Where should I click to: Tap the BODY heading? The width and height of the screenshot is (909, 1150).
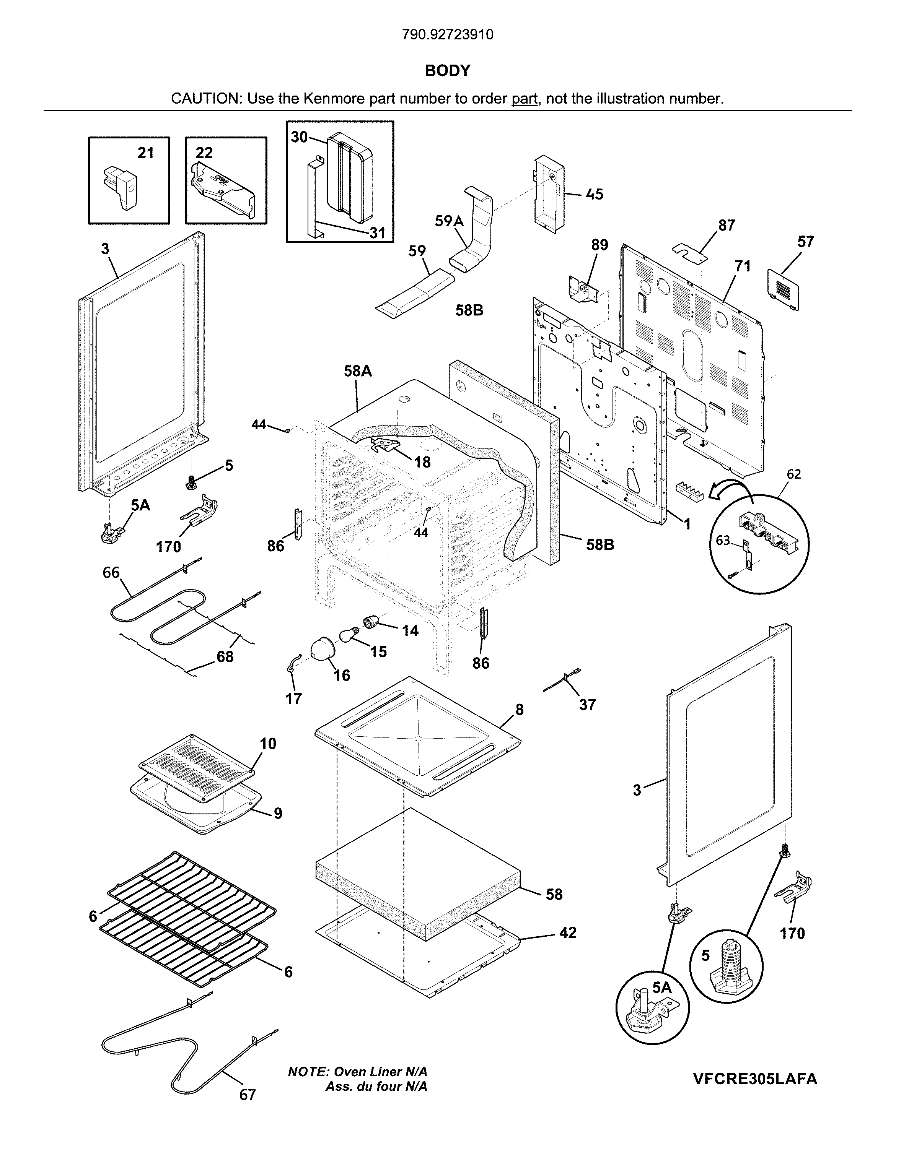tap(448, 71)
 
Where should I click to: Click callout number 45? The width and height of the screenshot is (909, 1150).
tap(595, 194)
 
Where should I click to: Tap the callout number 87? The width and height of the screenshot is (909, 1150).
tap(727, 226)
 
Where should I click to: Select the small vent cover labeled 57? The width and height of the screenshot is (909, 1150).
tap(784, 289)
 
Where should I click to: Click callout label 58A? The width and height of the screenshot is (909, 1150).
tap(358, 371)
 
